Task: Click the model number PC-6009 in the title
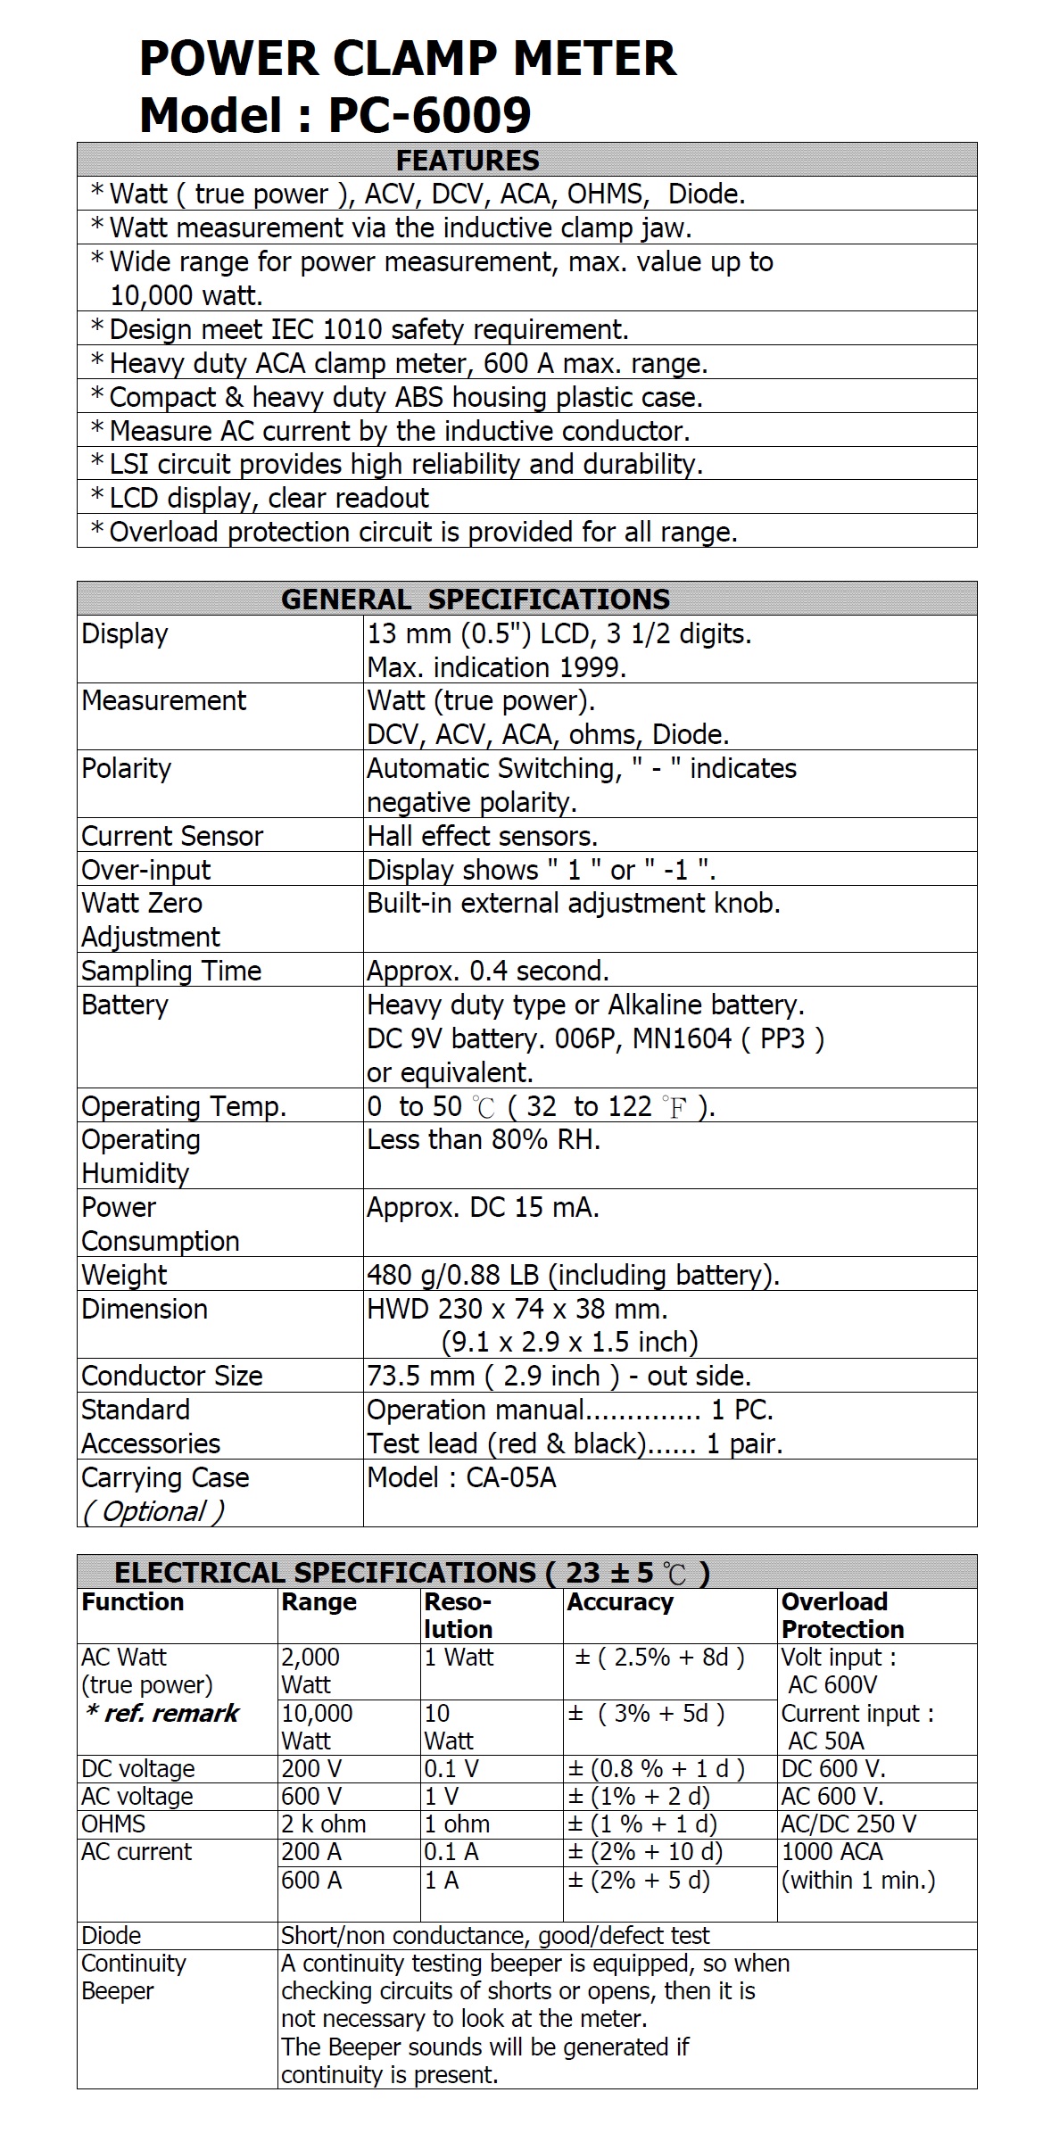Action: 430,115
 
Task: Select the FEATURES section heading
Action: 468,161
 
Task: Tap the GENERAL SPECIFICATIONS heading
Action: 476,599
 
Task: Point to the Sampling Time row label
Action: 171,971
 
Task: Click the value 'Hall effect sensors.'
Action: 482,836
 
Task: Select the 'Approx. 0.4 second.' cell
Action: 488,971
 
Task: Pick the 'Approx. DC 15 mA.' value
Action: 483,1207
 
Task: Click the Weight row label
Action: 124,1275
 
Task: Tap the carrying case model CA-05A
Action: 461,1477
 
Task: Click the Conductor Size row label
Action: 172,1376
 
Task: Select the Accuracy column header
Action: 620,1602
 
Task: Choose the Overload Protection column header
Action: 842,1616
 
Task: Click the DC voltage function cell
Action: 138,1768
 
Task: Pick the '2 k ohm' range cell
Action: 324,1824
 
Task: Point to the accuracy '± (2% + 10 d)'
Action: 645,1852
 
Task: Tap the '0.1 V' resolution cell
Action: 451,1768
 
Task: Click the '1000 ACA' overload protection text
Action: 832,1852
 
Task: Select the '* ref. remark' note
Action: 161,1713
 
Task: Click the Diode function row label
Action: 112,1936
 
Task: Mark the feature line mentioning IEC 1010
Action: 368,329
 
